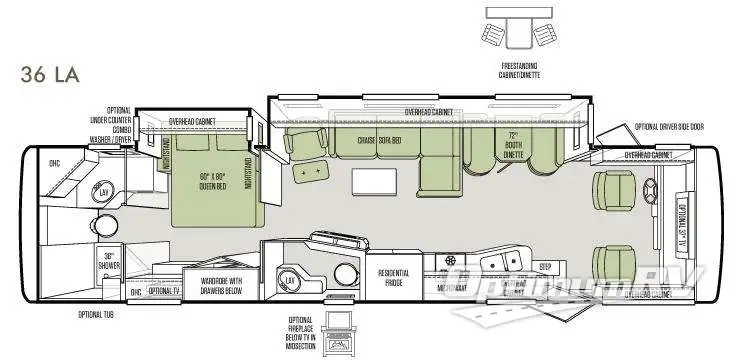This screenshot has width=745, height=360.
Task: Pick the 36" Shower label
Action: [111, 260]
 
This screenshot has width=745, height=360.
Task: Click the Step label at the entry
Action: [545, 266]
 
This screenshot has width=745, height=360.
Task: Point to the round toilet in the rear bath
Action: [343, 276]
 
